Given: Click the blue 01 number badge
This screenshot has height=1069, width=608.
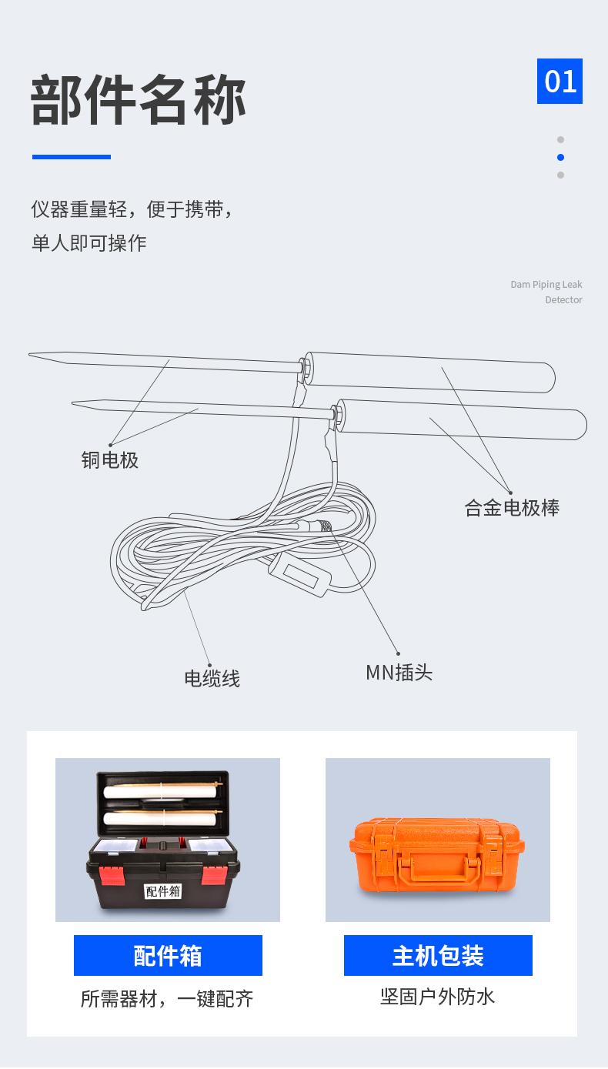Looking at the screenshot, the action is [560, 81].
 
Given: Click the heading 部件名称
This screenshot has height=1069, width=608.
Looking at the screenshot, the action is [139, 99].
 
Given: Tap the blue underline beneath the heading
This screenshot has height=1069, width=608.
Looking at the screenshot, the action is [72, 157].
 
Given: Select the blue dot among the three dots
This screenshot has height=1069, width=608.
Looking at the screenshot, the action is [560, 157].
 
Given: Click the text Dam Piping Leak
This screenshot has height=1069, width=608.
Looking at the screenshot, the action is [546, 285].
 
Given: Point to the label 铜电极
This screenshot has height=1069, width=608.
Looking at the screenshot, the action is [110, 460].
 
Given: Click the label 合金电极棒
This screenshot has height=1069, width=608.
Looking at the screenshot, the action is [512, 508].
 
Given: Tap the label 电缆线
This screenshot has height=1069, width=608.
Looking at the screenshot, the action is [212, 678].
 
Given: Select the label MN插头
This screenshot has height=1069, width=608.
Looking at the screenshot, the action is [399, 673].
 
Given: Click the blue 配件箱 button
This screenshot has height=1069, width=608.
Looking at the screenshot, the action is [168, 956].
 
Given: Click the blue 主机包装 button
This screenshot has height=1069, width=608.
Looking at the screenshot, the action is [438, 956].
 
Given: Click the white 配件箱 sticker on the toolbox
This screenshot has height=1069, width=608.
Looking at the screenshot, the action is [163, 890].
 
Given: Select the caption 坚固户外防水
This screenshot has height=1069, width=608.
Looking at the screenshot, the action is [438, 997].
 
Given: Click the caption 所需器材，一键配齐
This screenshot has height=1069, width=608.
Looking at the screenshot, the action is [167, 999].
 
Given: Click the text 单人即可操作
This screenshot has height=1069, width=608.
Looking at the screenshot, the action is [89, 243].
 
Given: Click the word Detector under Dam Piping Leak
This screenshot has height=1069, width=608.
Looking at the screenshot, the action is [563, 300].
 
